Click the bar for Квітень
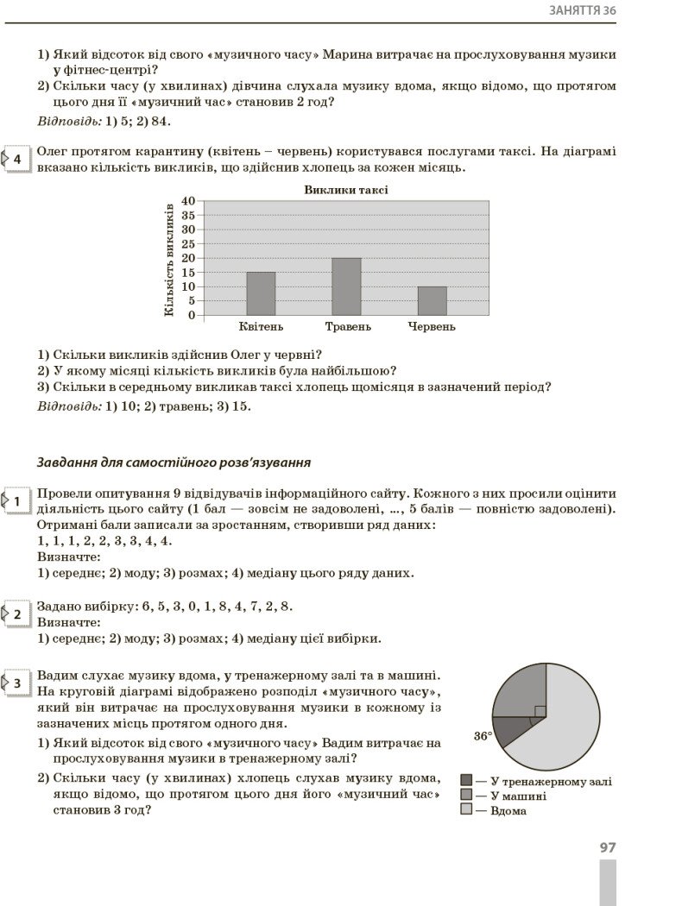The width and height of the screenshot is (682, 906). tap(261, 293)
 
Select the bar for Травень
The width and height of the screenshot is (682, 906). tap(346, 286)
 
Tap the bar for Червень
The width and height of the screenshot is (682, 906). tap(432, 300)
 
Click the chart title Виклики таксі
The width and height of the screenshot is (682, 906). tap(345, 190)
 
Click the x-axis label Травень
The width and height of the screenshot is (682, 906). tap(348, 327)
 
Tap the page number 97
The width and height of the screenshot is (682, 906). tap(608, 848)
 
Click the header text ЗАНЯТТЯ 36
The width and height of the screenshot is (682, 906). tap(583, 10)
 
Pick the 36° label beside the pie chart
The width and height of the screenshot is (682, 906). tap(483, 736)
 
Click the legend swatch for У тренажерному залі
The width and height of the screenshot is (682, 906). tap(466, 781)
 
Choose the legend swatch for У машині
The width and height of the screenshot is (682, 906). tap(466, 796)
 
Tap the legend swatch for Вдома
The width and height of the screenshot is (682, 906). tap(466, 810)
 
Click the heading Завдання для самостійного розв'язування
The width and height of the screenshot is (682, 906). tap(174, 462)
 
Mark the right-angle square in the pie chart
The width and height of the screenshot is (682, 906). tap(540, 711)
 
